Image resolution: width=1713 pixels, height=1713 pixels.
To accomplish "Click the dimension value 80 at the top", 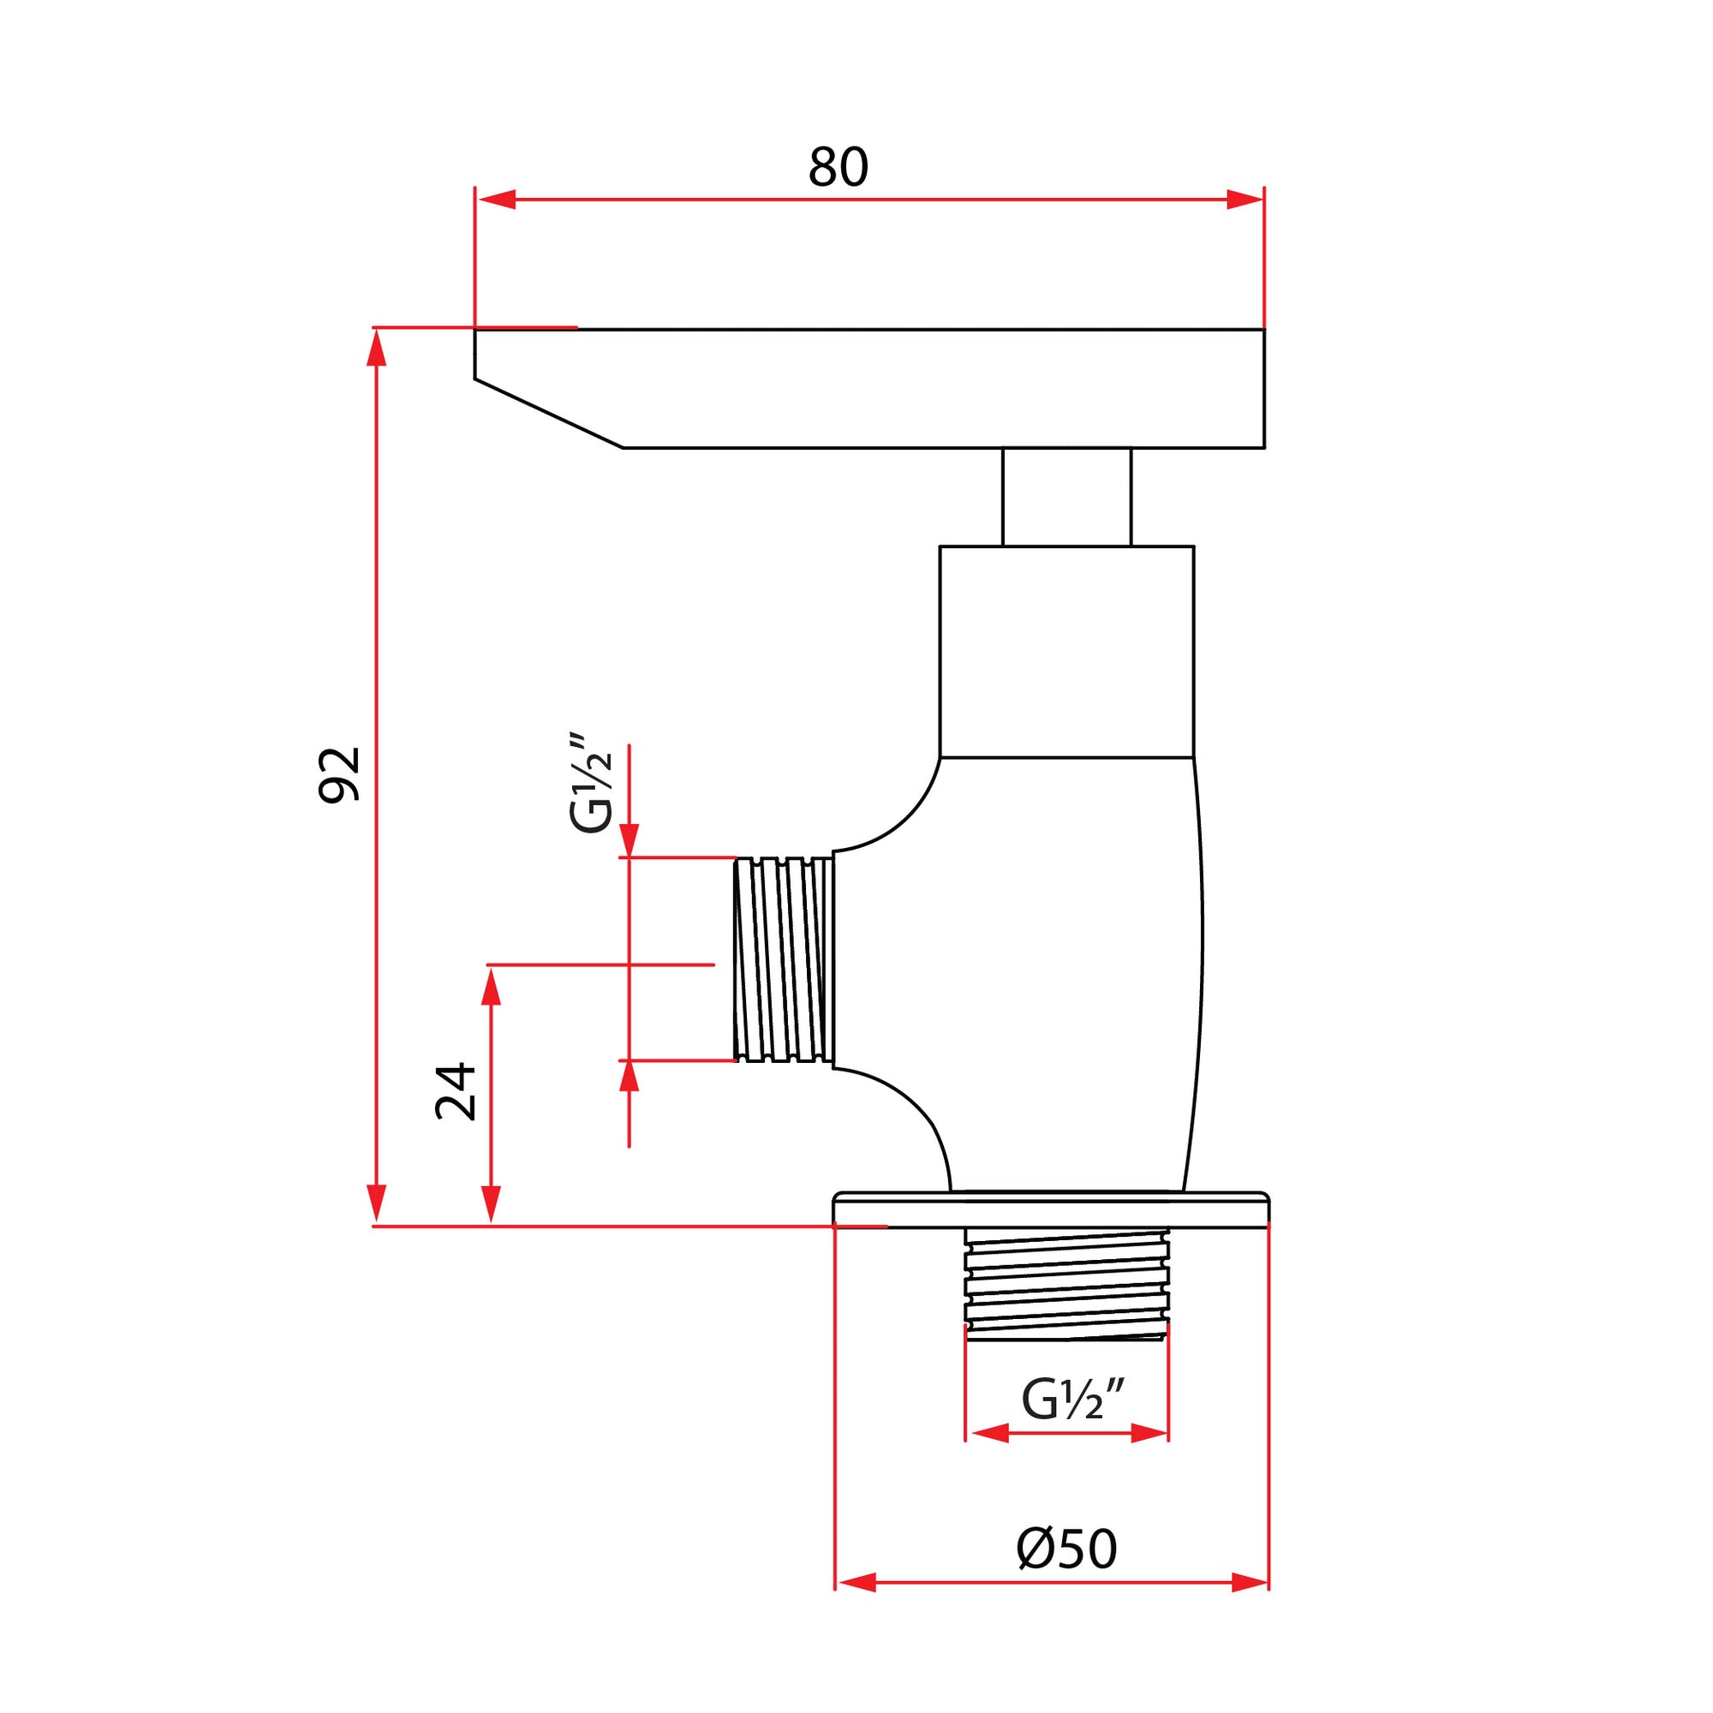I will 837,168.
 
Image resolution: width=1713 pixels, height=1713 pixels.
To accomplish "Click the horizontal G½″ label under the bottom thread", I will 1072,1400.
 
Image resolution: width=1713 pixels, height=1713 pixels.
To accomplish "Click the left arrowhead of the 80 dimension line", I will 497,200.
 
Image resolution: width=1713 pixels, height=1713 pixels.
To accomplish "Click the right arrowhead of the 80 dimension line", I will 1244,200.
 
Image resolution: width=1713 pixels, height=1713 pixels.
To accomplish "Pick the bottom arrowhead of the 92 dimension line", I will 377,1203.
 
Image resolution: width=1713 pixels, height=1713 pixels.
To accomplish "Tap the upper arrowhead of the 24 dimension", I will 491,986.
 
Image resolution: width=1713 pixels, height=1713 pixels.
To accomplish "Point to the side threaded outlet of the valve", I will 784,958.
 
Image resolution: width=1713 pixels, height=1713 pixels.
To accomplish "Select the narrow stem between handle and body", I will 1066,497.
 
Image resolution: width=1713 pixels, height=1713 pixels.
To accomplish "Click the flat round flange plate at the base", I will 1051,1210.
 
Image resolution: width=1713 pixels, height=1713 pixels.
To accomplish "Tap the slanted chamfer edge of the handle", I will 548,413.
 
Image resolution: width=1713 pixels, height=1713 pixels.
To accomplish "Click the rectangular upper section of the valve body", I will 1066,652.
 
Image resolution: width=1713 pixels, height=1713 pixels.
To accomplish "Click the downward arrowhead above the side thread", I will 630,839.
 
